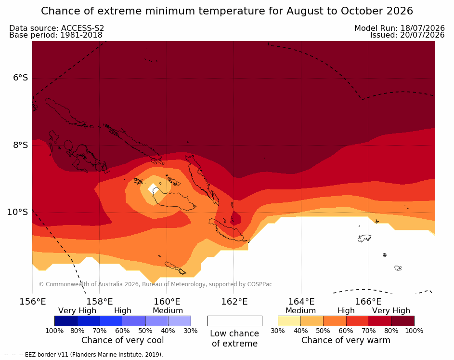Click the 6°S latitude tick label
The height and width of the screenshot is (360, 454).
pyautogui.click(x=21, y=78)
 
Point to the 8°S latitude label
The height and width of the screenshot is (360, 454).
pyautogui.click(x=21, y=145)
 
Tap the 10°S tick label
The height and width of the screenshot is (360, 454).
pyautogui.click(x=18, y=212)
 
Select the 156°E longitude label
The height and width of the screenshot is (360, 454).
pyautogui.click(x=32, y=302)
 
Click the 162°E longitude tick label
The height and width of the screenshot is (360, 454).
pyautogui.click(x=234, y=302)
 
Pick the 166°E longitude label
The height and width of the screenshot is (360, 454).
pyautogui.click(x=368, y=302)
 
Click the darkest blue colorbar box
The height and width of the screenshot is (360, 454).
pyautogui.click(x=66, y=321)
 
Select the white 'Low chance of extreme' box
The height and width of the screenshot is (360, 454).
pyautogui.click(x=235, y=321)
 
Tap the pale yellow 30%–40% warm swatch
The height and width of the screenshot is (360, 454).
pyautogui.click(x=289, y=321)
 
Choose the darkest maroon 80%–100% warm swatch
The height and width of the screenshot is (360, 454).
pyautogui.click(x=403, y=321)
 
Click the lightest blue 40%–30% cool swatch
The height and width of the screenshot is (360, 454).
pyautogui.click(x=180, y=321)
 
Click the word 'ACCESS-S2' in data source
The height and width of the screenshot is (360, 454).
pyautogui.click(x=82, y=28)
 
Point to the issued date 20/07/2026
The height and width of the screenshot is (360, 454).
pyautogui.click(x=422, y=35)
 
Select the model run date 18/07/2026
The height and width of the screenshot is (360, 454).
pyautogui.click(x=422, y=28)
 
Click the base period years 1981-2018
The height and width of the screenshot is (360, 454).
pyautogui.click(x=81, y=35)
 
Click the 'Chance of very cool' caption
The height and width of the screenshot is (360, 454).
pyautogui.click(x=122, y=340)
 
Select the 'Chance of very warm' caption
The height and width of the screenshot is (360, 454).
pyautogui.click(x=346, y=340)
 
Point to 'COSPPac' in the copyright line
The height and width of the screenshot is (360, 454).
pyautogui.click(x=259, y=284)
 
